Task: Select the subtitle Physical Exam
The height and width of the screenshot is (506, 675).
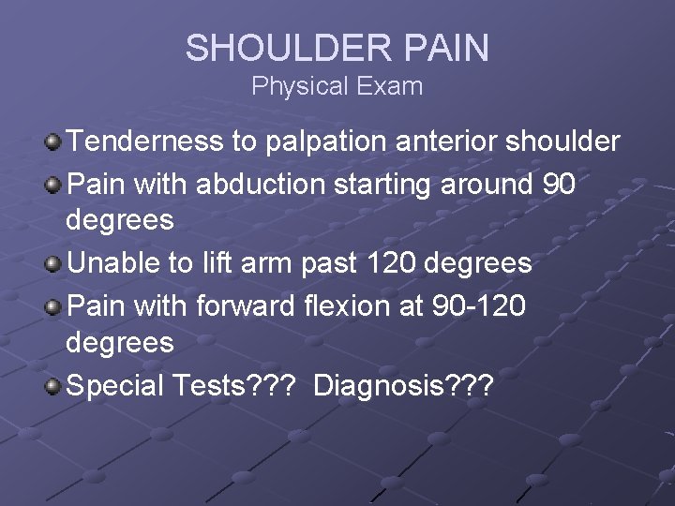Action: [x=337, y=87]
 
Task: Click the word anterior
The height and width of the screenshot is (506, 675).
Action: [x=440, y=141]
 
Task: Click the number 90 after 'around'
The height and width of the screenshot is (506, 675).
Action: [x=559, y=184]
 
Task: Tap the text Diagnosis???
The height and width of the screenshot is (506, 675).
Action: [x=402, y=385]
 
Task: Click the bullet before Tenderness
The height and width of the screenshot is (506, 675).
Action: [x=53, y=142]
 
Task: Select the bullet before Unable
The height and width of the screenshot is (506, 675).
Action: [x=53, y=264]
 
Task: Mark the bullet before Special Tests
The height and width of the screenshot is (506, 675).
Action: [x=53, y=386]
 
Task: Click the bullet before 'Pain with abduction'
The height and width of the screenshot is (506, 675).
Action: [x=53, y=185]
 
